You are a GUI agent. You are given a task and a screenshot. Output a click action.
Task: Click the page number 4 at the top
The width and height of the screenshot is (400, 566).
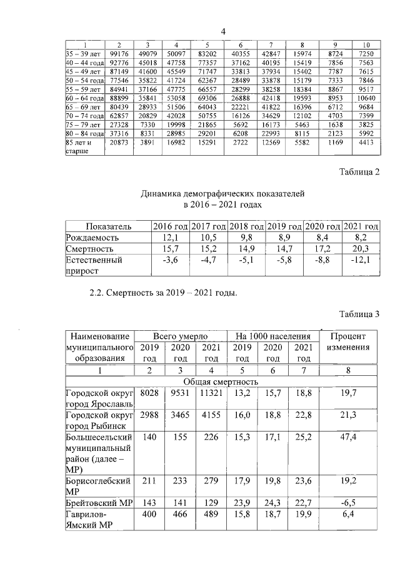(223, 32)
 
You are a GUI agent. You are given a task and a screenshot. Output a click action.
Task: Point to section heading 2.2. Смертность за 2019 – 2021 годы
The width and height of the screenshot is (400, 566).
(164, 292)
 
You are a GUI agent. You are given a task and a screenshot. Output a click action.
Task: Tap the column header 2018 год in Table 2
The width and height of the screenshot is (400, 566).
(247, 226)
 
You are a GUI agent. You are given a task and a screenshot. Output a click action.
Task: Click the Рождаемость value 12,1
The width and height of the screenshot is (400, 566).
(171, 238)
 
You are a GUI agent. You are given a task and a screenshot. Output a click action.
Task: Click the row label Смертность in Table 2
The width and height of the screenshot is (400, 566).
(86, 248)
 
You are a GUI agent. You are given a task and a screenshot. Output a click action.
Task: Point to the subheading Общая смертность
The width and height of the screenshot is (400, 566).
(221, 382)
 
